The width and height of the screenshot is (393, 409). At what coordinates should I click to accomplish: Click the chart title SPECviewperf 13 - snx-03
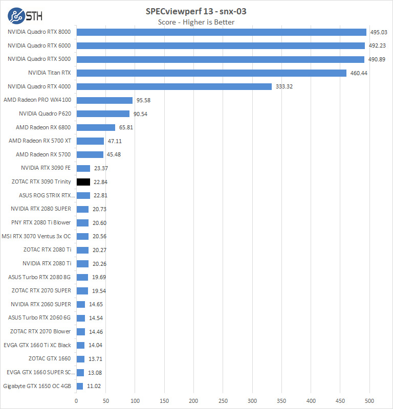point(196,11)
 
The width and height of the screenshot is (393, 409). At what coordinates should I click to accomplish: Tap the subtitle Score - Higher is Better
point(196,22)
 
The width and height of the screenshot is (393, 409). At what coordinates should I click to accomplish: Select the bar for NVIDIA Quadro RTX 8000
point(221,32)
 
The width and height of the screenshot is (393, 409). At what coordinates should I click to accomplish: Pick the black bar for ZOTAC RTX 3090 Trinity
point(83,181)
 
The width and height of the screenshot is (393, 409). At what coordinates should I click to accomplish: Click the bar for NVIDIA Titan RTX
point(211,73)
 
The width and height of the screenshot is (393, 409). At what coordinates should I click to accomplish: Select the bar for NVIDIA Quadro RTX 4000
point(174,86)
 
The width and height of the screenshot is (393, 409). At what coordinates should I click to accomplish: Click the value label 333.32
point(285,86)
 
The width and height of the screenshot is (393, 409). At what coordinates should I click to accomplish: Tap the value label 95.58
point(144,100)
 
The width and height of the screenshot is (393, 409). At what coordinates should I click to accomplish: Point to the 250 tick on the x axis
point(223,400)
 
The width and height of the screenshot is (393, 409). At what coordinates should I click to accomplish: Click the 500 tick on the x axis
point(369,400)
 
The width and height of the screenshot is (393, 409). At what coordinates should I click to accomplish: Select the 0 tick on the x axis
point(76,400)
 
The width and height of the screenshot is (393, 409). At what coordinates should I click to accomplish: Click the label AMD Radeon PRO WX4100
point(37,100)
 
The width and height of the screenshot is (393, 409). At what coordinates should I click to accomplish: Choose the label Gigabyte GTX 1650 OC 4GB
point(37,386)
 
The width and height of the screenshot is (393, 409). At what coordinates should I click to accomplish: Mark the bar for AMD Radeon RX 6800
point(96,127)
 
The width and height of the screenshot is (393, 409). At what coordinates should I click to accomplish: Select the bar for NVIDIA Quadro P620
point(103,113)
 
